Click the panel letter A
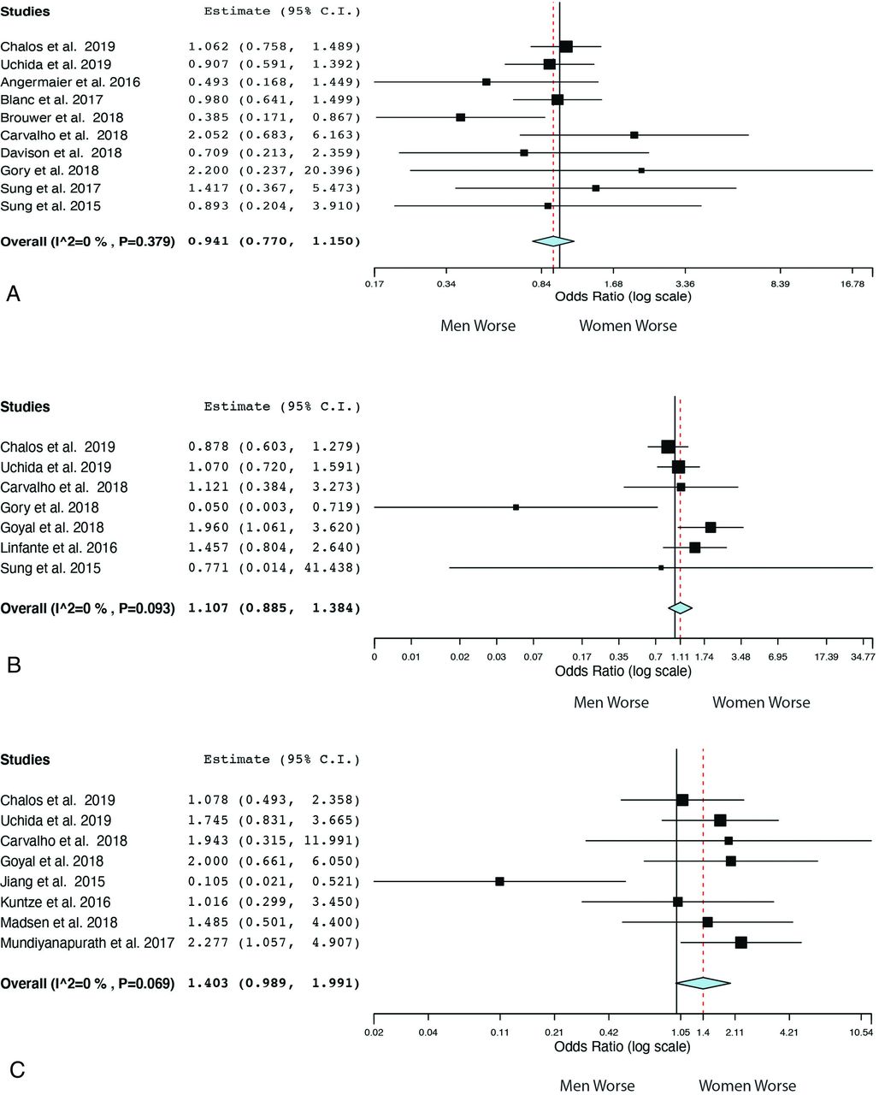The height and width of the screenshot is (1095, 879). [x=13, y=294]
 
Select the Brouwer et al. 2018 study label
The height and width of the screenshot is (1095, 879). [x=62, y=117]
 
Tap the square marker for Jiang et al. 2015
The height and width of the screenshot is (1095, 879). [x=499, y=881]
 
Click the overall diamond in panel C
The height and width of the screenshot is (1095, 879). [x=703, y=984]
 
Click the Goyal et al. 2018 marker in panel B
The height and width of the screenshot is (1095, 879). [x=711, y=527]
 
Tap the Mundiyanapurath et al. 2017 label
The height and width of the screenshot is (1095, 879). [x=87, y=943]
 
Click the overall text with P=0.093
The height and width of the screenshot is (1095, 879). [x=87, y=608]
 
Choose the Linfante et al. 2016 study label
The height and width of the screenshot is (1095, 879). [x=59, y=547]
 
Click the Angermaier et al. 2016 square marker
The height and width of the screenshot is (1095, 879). [x=487, y=82]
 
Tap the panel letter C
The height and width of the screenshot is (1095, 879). [x=15, y=1069]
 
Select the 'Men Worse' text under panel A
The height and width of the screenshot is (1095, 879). [x=478, y=326]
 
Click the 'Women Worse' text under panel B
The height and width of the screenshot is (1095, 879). [x=761, y=702]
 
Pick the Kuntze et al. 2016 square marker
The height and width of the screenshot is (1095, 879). [x=678, y=902]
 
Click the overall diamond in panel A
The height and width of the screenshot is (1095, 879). [x=553, y=242]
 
